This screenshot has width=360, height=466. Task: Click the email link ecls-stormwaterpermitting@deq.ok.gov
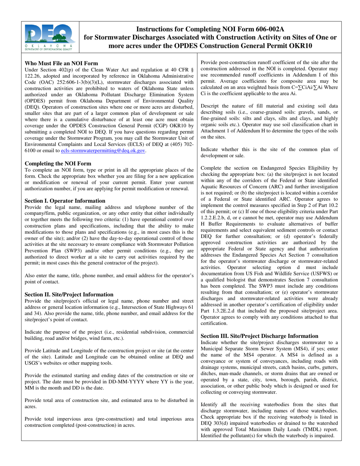[x=103, y=150]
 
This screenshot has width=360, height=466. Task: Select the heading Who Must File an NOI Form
[x=61, y=63]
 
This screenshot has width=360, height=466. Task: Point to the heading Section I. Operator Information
[x=65, y=201]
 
